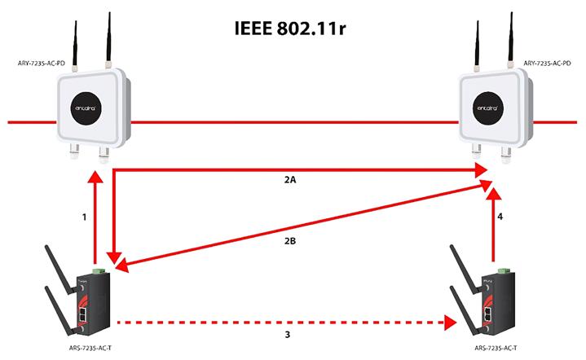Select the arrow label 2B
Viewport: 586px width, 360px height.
point(291,241)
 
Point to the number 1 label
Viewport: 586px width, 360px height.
point(83,218)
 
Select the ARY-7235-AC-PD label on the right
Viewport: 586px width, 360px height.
point(546,61)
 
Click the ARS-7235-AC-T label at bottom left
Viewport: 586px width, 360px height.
point(89,348)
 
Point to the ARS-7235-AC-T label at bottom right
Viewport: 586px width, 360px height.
point(495,348)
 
